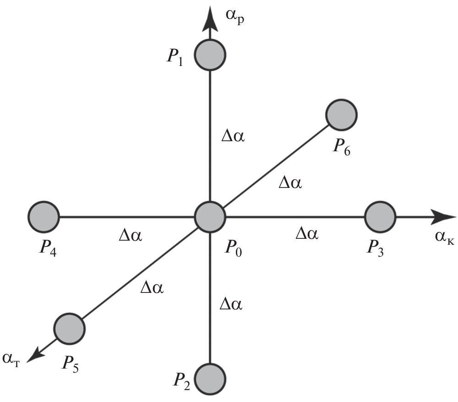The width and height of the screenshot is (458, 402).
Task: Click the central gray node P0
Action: [210, 216]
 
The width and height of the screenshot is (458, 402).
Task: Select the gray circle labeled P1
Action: [210, 55]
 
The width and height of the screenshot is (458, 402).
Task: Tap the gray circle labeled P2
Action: [210, 379]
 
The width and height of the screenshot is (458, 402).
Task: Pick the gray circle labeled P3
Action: [380, 216]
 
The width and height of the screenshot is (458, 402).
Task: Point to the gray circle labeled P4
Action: [44, 216]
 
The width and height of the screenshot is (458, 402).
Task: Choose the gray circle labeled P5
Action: [69, 328]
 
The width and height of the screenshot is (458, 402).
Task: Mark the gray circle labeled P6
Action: [342, 114]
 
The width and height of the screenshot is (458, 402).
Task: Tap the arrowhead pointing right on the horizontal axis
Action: [442, 216]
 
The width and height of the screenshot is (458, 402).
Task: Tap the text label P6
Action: [341, 148]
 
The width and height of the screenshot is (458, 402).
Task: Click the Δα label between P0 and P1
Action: [233, 137]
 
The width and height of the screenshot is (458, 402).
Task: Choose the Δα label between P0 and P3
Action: [306, 234]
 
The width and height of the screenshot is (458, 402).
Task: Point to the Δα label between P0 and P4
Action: [130, 236]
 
